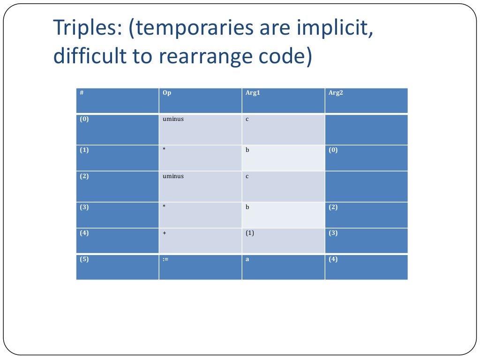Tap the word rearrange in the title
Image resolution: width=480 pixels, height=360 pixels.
(205, 56)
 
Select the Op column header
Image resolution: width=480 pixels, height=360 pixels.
(167, 93)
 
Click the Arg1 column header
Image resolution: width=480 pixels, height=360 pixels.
(253, 93)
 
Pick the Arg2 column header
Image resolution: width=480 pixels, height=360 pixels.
(336, 93)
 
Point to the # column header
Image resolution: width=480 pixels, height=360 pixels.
(82, 93)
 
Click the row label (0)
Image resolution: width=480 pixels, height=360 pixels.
(84, 119)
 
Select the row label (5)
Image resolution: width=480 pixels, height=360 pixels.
(84, 259)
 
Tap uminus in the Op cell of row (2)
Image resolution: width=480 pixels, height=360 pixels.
(173, 176)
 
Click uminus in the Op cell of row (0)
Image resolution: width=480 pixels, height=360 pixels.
(173, 119)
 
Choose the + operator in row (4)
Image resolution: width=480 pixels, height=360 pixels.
(165, 233)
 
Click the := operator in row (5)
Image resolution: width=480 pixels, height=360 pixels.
(165, 259)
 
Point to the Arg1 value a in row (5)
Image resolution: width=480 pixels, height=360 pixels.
(247, 259)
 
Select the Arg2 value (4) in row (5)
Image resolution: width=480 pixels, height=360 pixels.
(333, 259)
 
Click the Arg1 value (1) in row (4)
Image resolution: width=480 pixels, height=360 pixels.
(250, 233)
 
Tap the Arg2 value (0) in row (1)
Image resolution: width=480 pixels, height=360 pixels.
(333, 150)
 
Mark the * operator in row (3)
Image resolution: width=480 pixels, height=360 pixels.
(165, 207)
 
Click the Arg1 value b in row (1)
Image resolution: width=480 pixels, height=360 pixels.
(247, 150)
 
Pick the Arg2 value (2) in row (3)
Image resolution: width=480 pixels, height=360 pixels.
(333, 207)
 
